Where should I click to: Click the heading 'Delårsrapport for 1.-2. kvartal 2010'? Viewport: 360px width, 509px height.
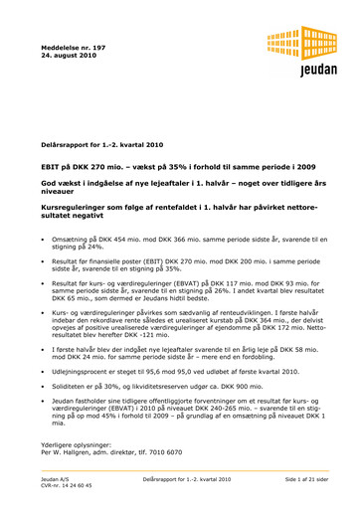[108, 146]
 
